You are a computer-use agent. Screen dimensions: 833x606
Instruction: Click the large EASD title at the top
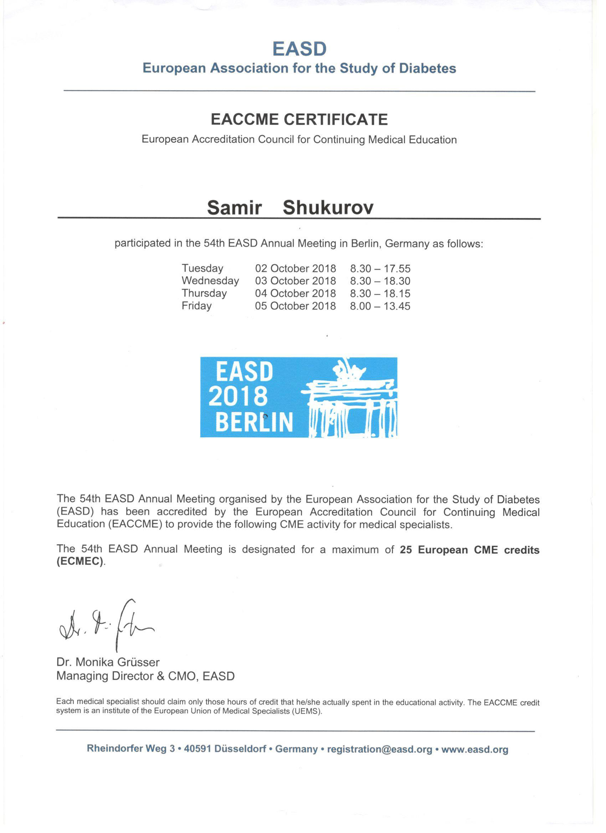(x=299, y=49)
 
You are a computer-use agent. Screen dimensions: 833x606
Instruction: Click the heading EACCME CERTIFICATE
(x=299, y=120)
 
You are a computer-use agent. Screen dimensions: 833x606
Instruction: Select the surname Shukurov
(x=328, y=207)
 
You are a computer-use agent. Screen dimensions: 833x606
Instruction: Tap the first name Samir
(x=235, y=207)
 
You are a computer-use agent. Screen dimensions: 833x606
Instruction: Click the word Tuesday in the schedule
(x=202, y=269)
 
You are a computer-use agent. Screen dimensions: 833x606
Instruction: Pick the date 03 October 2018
(x=296, y=281)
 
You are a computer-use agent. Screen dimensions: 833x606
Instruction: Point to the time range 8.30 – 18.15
(x=380, y=294)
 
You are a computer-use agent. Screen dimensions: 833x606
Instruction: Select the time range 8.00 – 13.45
(x=380, y=306)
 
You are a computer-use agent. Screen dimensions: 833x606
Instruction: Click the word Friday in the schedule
(x=197, y=306)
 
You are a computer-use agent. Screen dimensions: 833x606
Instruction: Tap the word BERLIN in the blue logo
(x=254, y=422)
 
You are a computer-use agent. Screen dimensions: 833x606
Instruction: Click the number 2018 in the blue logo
(x=238, y=397)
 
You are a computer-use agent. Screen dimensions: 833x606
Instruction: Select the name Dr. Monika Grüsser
(x=108, y=662)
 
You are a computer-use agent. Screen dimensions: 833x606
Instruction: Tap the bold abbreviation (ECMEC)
(x=80, y=562)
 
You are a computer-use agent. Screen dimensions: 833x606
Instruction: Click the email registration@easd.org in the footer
(x=380, y=749)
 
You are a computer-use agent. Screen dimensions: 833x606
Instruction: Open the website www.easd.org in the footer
(x=475, y=749)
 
